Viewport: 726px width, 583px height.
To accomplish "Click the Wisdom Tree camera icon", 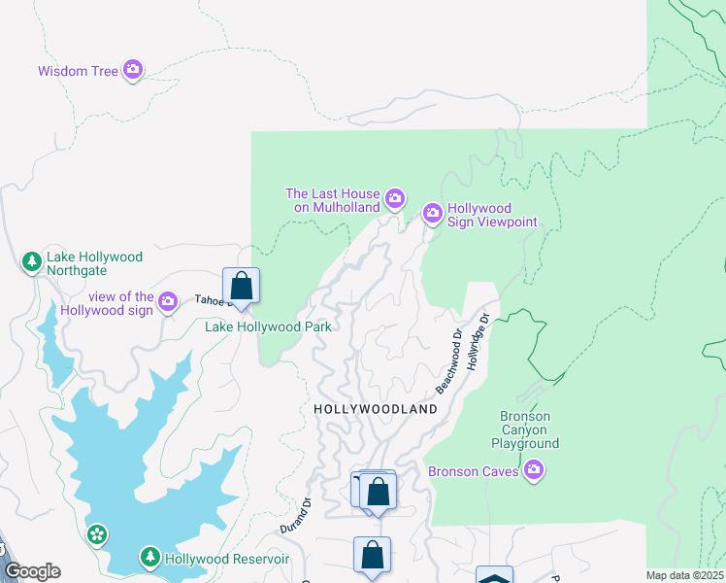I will coord(133,70).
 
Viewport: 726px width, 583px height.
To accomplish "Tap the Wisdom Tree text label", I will coord(78,71).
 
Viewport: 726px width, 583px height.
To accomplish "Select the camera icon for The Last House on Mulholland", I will coord(395,199).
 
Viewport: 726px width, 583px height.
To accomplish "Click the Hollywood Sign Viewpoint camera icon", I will coord(432,212).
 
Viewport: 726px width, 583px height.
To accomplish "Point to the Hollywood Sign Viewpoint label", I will coord(492,216).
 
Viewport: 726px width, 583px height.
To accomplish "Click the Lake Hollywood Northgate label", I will coord(95,263).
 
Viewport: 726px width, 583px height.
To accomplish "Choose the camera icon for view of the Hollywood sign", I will coord(168,301).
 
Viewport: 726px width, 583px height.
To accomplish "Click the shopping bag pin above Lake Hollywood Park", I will coord(242,287).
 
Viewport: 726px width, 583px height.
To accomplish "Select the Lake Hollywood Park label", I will coord(268,326).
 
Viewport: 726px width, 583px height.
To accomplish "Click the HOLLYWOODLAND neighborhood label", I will coord(376,410).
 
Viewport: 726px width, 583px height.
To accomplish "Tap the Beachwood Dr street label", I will coord(447,361).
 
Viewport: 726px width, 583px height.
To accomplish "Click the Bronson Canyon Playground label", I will coord(530,429).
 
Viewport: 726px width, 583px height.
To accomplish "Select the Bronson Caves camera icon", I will coord(533,472).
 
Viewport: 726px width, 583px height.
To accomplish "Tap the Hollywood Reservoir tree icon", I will coord(149,557).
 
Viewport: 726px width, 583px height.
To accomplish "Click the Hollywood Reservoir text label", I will coord(226,559).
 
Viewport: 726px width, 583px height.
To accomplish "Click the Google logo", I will coord(32,571).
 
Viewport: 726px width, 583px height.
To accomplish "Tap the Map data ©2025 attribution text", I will coord(685,575).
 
